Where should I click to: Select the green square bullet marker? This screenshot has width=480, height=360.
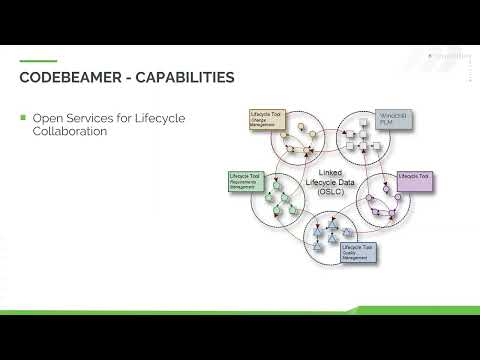(x=23, y=118)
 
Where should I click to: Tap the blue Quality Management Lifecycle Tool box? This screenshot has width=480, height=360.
(x=358, y=252)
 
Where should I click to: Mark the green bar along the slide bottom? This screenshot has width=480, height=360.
(x=240, y=312)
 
